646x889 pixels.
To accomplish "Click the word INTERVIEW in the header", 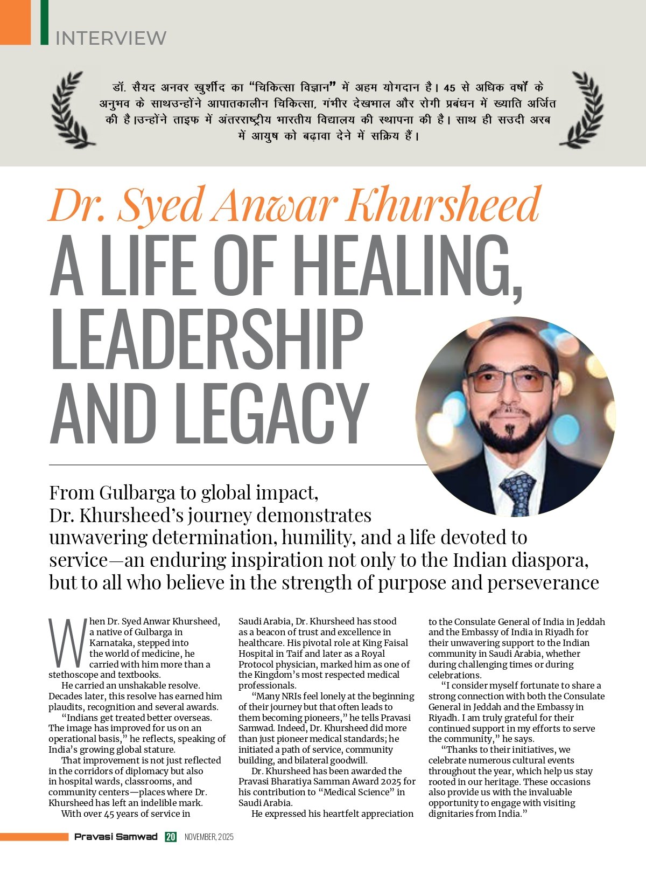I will (111, 38).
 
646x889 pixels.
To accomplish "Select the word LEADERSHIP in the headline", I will (206, 340).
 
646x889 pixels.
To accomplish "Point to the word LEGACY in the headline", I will (271, 414).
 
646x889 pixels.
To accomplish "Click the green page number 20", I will (171, 837).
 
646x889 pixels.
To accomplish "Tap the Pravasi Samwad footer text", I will (116, 837).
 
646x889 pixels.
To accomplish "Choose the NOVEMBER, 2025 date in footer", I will (209, 837).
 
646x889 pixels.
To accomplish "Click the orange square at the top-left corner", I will (15, 22).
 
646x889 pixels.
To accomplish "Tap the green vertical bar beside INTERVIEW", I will (44, 22).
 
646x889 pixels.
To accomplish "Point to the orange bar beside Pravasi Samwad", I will (34, 837).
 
